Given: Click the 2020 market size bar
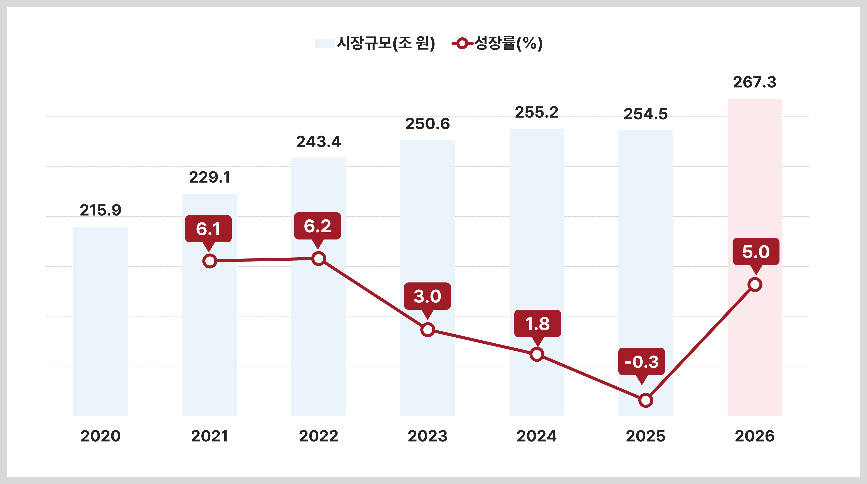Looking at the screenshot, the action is (101, 321).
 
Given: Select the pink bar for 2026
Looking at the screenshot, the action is (755, 257).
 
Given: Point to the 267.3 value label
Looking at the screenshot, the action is (755, 82).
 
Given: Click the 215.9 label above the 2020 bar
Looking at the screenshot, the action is (101, 210).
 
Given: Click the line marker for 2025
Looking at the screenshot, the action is (646, 400).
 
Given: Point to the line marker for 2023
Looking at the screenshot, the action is (427, 330).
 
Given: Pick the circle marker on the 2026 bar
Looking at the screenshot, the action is (755, 285).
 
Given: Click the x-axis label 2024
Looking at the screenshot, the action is (536, 436).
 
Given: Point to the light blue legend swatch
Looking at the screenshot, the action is (325, 44).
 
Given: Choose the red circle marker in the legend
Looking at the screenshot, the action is (462, 44).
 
